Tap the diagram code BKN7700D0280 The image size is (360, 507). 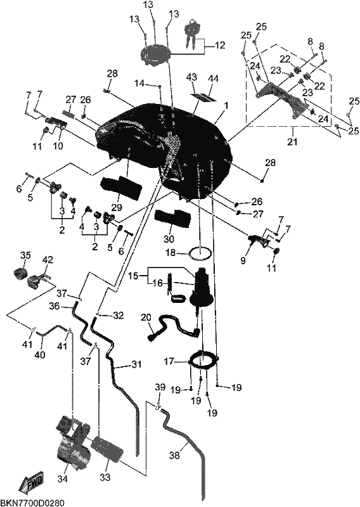tap(32, 503)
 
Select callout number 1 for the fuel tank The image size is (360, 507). tap(226, 106)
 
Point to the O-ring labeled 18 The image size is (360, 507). tap(200, 253)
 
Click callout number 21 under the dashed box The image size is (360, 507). tap(292, 141)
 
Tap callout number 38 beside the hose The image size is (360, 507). tap(174, 455)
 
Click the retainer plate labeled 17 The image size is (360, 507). tap(203, 359)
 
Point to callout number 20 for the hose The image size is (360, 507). tap(146, 318)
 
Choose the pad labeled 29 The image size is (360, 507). tap(121, 188)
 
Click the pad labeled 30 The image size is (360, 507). tap(171, 219)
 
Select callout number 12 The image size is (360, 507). tap(220, 45)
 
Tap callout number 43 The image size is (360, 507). tap(191, 77)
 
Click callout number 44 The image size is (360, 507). tap(214, 79)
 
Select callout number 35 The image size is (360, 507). tap(25, 255)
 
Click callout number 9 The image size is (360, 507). tap(243, 260)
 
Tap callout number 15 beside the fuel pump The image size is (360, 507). tap(133, 276)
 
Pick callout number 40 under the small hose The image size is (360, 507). tap(40, 355)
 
